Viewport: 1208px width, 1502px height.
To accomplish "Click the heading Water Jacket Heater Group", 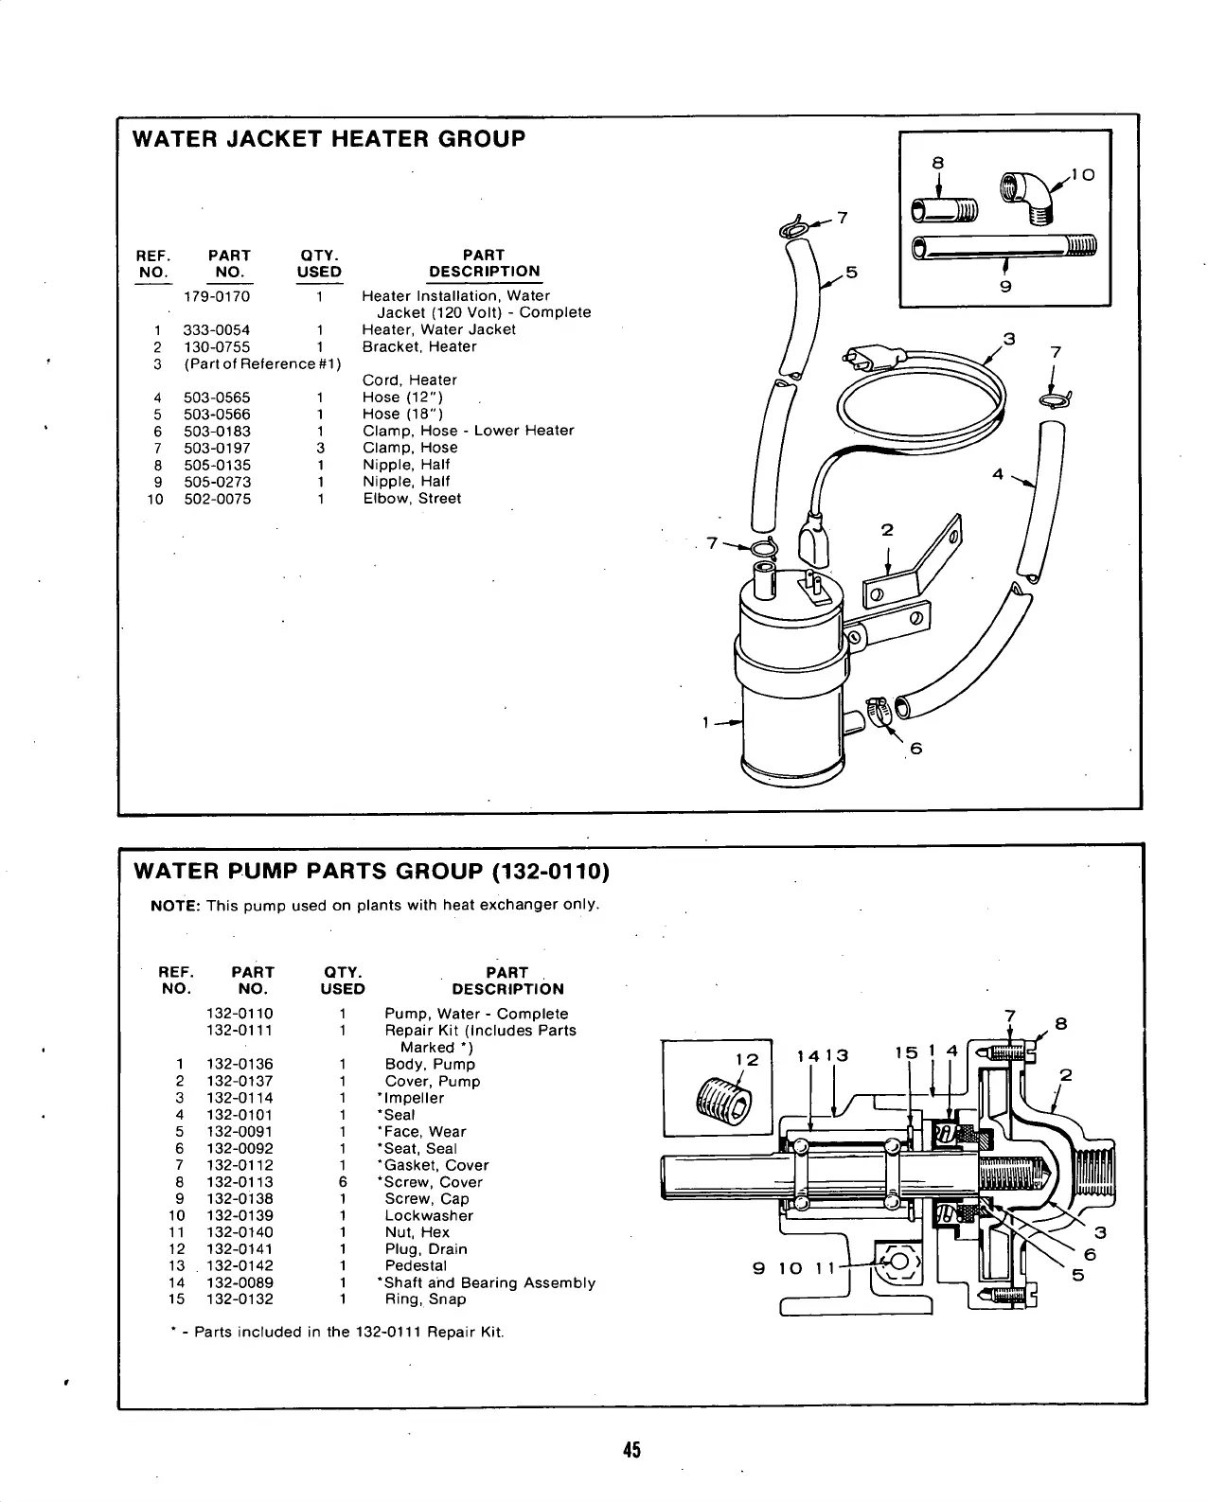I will pyautogui.click(x=329, y=139).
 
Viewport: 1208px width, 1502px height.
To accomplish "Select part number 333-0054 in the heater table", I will pyautogui.click(x=217, y=330).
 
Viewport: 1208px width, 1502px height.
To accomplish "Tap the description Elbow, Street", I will pyautogui.click(x=412, y=499).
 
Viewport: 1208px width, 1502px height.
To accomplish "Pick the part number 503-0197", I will pyautogui.click(x=217, y=448).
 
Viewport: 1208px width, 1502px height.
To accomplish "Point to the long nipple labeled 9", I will pyautogui.click(x=1004, y=248).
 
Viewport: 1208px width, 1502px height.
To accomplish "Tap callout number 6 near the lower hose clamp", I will pyautogui.click(x=915, y=749).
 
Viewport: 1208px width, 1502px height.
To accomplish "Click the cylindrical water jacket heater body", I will pyautogui.click(x=791, y=700).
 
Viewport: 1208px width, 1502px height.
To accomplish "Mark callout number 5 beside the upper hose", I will pyautogui.click(x=851, y=273).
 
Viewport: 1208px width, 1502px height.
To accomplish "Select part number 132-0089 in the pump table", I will pyautogui.click(x=240, y=1283).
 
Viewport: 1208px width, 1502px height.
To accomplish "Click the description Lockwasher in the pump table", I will pyautogui.click(x=428, y=1216).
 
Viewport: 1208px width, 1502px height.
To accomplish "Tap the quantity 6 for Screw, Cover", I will pyautogui.click(x=343, y=1182).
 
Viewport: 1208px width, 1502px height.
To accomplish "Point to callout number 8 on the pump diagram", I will pyautogui.click(x=1060, y=1023).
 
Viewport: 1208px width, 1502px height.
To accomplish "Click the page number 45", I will pyautogui.click(x=631, y=1450).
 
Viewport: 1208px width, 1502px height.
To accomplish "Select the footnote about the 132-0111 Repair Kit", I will pyautogui.click(x=338, y=1333).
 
